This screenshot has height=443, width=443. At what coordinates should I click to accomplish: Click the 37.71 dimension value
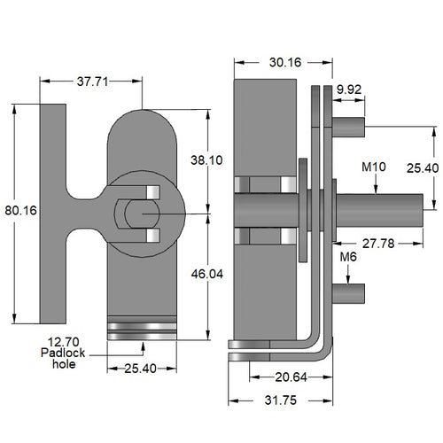point(90,82)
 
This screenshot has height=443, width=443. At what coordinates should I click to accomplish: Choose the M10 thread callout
point(374,166)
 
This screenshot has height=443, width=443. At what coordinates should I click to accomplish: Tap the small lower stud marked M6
point(349,291)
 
